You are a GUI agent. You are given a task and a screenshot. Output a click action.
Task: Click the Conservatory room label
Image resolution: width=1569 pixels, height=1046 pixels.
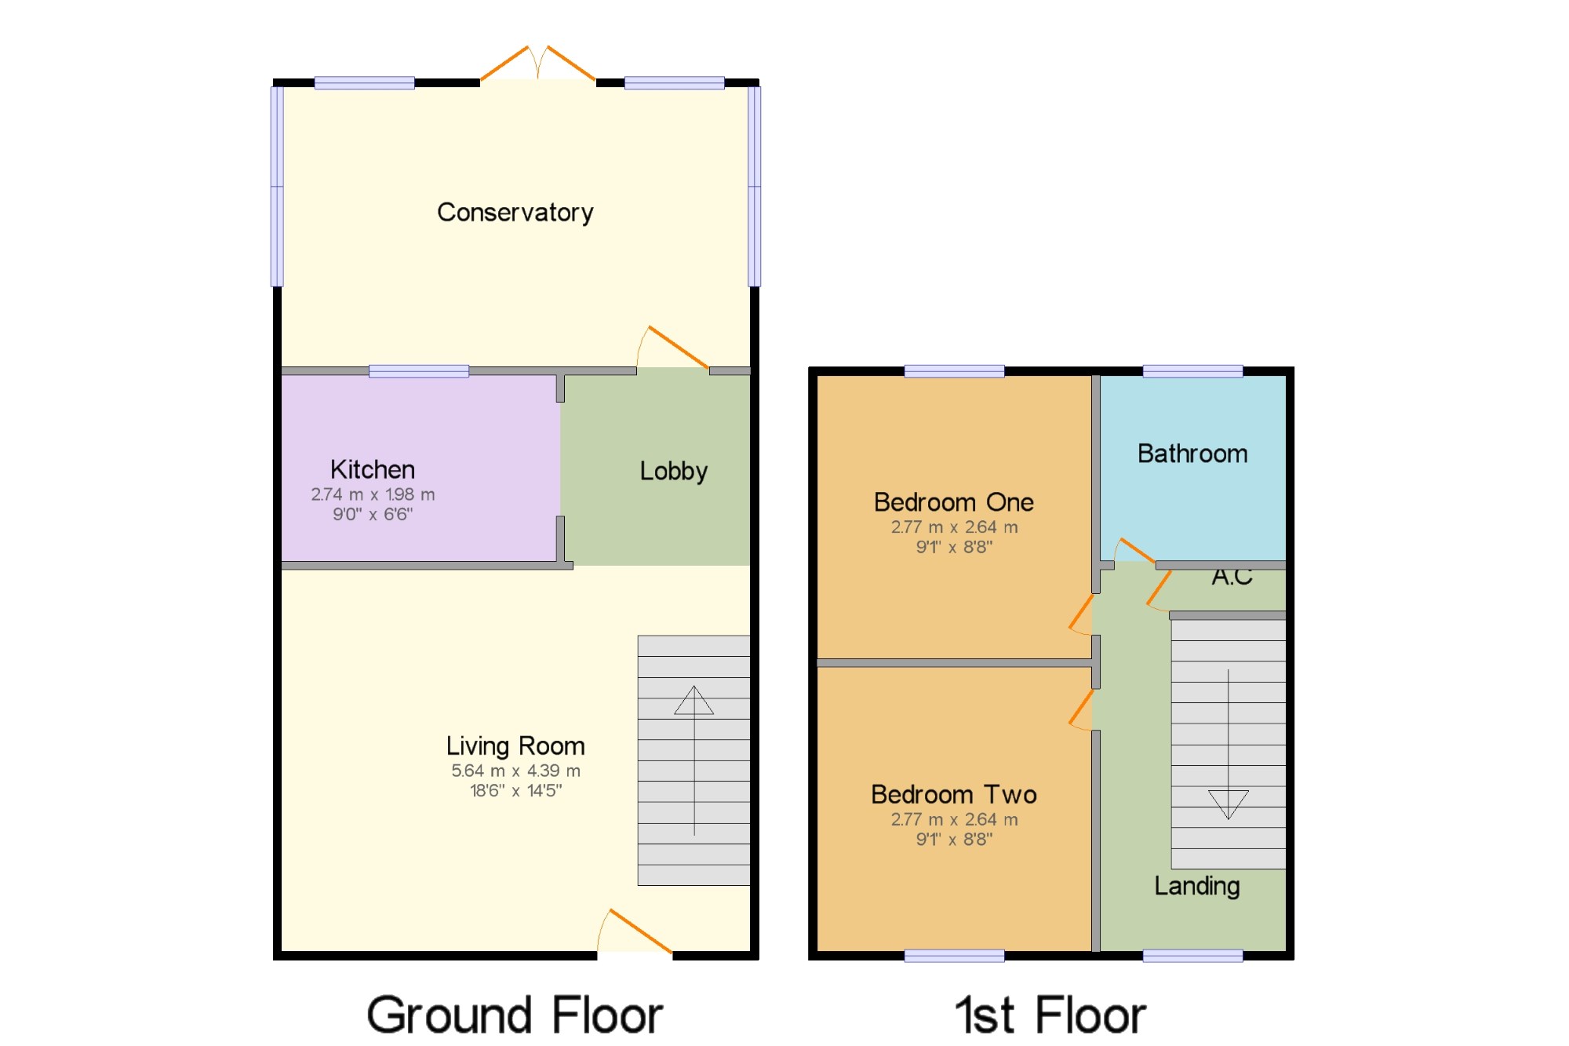click(x=515, y=213)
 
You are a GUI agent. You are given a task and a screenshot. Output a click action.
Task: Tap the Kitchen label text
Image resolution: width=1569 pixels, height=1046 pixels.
click(x=373, y=469)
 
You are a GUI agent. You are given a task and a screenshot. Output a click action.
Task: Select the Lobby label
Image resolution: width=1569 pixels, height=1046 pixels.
click(x=674, y=471)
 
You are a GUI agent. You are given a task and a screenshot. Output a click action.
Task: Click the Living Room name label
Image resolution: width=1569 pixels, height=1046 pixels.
click(x=515, y=745)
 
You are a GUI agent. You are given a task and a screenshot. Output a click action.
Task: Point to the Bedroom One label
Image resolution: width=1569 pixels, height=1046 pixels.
click(x=954, y=502)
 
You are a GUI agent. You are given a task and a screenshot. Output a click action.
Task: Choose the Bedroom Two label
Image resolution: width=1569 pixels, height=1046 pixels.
click(x=954, y=794)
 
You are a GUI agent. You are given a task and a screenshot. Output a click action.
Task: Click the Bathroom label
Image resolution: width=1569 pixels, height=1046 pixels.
click(x=1192, y=454)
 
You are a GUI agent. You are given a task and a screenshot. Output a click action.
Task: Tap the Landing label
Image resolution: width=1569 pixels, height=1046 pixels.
click(x=1197, y=886)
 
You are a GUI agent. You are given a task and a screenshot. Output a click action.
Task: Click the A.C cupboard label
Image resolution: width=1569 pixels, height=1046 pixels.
click(x=1232, y=578)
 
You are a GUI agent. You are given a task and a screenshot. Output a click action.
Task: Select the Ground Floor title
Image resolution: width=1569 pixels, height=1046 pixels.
click(x=515, y=1015)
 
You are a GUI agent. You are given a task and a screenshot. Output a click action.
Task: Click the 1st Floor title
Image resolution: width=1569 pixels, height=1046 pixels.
click(x=1050, y=1015)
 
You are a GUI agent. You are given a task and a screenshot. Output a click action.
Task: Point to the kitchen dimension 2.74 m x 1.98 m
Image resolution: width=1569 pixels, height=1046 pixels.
click(x=373, y=494)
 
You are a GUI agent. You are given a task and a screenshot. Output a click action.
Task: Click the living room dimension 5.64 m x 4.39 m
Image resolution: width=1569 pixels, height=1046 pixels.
click(x=515, y=771)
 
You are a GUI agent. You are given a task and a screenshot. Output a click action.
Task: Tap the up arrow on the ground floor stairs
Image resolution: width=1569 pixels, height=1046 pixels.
click(x=694, y=760)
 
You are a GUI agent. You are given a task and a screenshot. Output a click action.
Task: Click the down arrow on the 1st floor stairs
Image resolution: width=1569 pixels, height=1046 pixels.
click(x=1229, y=745)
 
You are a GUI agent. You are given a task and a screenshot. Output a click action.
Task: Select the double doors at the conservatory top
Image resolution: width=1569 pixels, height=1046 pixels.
click(x=538, y=63)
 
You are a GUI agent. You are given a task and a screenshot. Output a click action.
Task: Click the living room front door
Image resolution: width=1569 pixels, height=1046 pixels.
click(x=635, y=932)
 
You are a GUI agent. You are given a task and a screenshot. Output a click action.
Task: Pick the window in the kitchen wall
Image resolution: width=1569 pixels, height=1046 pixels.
click(x=419, y=371)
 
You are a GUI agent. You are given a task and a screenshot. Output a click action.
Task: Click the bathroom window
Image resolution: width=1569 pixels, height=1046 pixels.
click(x=1192, y=371)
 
